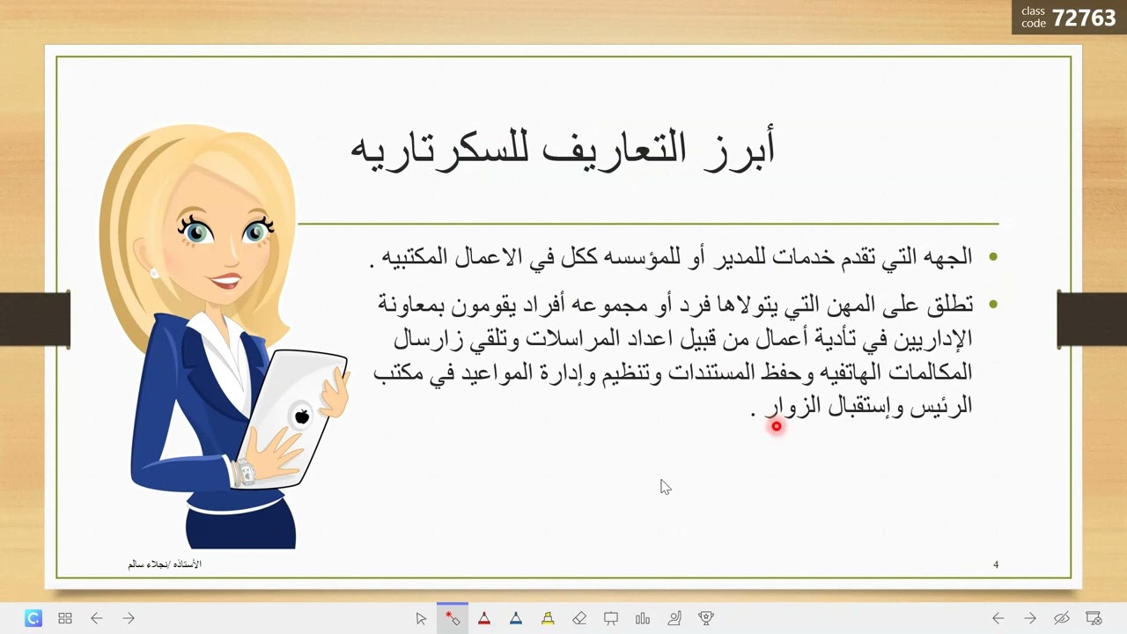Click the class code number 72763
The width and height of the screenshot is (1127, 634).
(x=1083, y=18)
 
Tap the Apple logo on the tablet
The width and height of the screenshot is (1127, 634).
(x=302, y=417)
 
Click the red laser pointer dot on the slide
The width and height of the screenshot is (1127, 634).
(x=777, y=426)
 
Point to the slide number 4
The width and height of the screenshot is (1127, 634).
(x=996, y=564)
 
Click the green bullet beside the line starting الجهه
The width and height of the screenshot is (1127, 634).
(x=993, y=257)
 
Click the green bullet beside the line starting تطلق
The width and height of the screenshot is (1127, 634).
(x=993, y=305)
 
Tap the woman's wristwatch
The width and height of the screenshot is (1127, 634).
(x=245, y=473)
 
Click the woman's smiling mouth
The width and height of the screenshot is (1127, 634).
(x=226, y=282)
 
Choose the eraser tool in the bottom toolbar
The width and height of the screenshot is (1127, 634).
(x=579, y=618)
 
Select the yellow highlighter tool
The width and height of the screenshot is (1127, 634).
(x=548, y=618)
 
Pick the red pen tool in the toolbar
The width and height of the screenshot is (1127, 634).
(x=484, y=618)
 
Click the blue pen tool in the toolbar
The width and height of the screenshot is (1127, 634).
(x=516, y=618)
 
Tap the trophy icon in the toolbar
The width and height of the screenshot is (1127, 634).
(x=706, y=618)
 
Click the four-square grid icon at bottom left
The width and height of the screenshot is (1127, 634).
(x=65, y=618)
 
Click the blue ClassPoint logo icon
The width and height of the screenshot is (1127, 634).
(x=33, y=618)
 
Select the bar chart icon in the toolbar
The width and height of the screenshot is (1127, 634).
(x=643, y=618)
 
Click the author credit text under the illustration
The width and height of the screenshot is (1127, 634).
(x=165, y=564)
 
